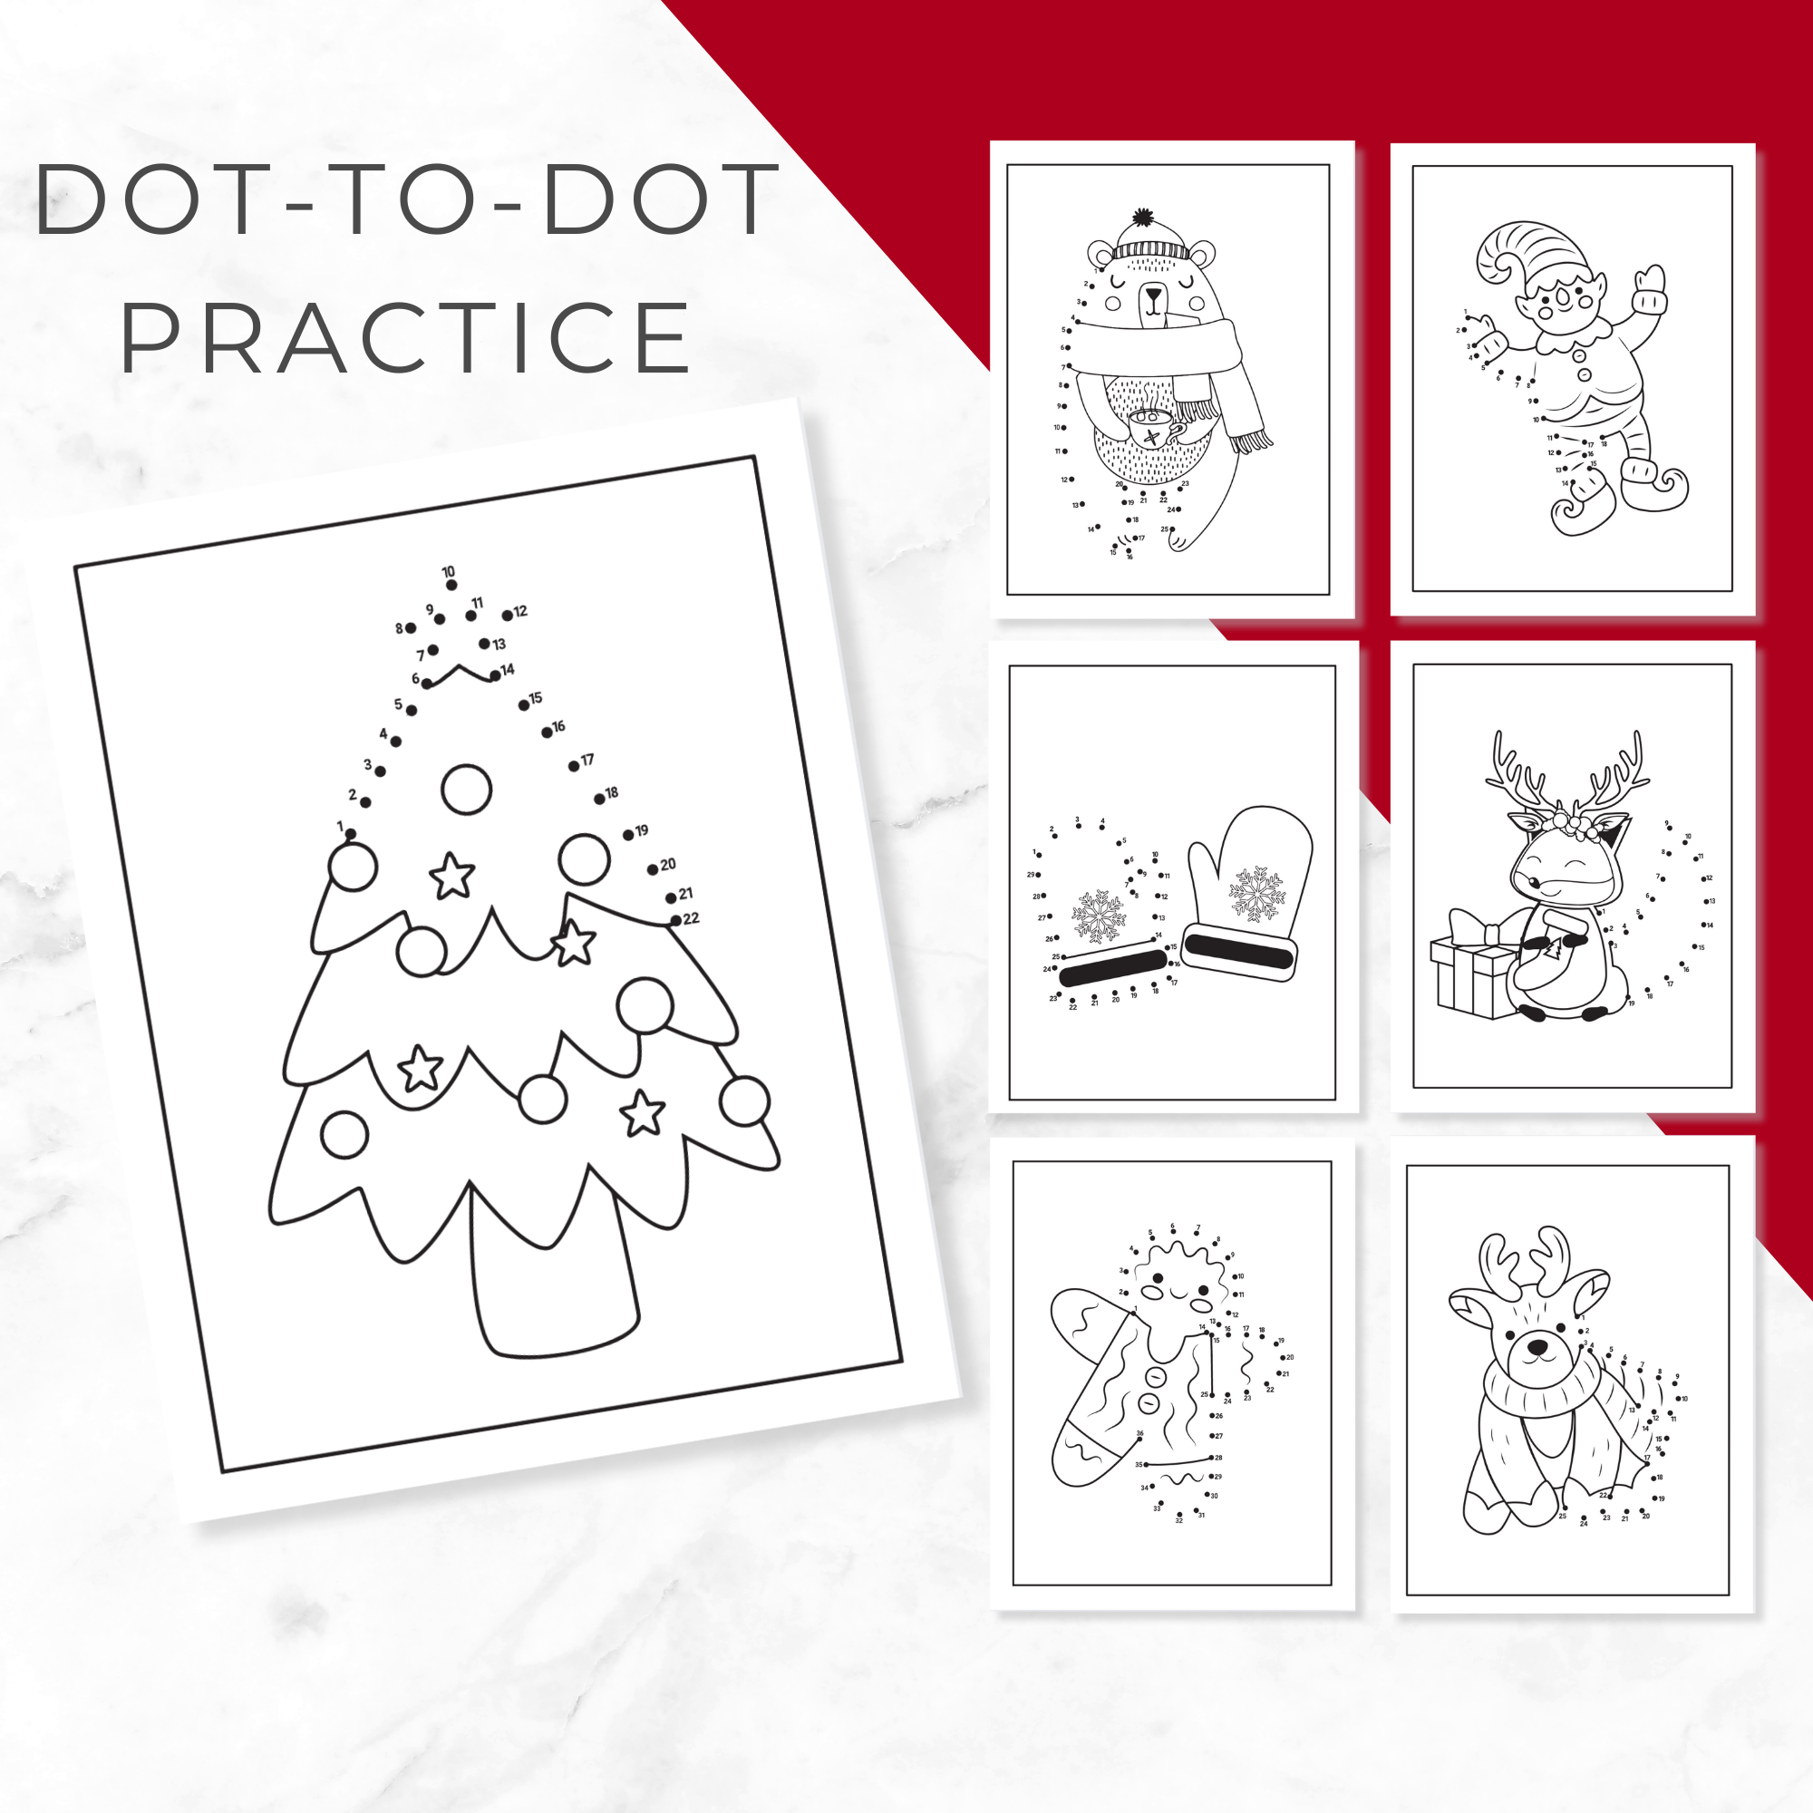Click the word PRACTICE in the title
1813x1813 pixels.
405,338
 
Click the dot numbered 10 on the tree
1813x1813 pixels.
451,585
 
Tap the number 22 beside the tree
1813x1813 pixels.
692,917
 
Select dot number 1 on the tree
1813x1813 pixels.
350,833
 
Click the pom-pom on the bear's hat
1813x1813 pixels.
1142,218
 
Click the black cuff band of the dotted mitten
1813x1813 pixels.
1113,966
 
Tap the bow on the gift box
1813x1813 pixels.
1470,929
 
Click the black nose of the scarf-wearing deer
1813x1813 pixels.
1537,1348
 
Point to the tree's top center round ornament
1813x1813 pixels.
466,790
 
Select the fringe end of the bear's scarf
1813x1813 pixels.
1253,437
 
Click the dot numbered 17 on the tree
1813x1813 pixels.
574,766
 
